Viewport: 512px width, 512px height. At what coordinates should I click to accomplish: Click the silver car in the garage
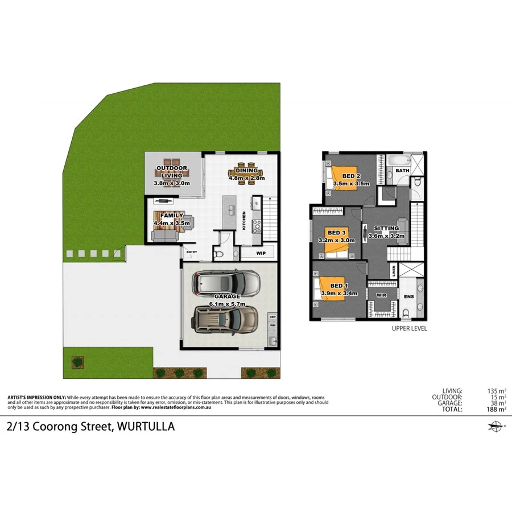click(226, 281)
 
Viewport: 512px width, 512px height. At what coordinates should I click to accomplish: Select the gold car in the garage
click(226, 320)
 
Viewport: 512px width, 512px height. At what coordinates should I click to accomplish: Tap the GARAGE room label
click(228, 296)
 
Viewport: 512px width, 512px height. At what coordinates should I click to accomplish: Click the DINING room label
click(247, 171)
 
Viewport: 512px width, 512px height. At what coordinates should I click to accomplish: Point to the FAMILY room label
click(172, 216)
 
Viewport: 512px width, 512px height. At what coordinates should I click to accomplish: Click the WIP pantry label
click(262, 253)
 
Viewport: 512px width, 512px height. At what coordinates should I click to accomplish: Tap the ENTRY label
click(191, 253)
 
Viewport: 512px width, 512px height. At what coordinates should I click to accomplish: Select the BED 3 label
click(336, 233)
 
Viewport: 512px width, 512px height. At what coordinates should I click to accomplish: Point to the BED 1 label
click(337, 286)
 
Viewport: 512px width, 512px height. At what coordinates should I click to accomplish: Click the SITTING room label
click(386, 228)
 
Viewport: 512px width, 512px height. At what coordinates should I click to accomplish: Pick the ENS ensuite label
click(408, 296)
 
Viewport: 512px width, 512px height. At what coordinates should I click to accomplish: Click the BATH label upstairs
click(402, 171)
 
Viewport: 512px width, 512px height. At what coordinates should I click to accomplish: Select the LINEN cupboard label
click(394, 271)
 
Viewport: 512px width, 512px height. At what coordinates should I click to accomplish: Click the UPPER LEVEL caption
click(410, 328)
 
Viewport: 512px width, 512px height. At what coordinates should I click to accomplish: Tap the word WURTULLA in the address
click(145, 426)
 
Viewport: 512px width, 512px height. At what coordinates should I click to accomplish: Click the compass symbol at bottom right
click(496, 426)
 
